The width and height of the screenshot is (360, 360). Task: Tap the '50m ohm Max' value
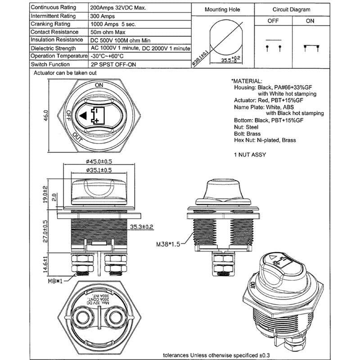point(108,32)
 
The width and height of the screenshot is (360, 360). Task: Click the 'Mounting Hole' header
point(222,9)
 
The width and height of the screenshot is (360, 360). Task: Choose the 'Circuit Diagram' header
point(292,9)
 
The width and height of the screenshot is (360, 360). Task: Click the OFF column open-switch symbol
point(273,47)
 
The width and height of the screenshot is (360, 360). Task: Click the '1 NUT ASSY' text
point(250,155)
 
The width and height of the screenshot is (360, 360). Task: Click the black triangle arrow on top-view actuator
point(82,116)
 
